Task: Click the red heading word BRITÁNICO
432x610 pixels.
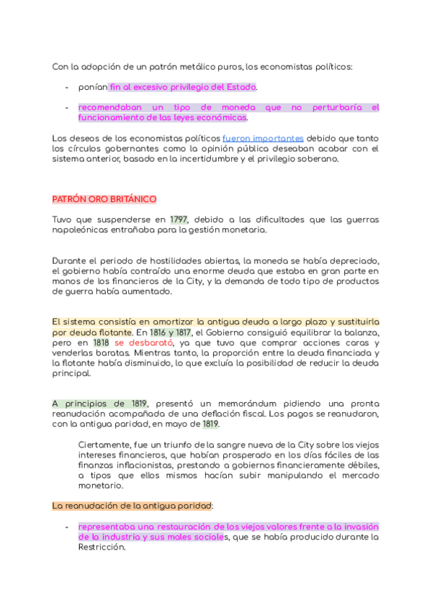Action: [x=132, y=199]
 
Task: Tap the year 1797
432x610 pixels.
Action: [x=179, y=219]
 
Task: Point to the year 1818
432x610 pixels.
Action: [x=101, y=344]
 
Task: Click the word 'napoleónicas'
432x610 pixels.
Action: [x=84, y=230]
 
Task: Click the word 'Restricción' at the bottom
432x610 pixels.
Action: [x=102, y=547]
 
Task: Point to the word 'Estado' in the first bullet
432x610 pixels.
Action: [x=240, y=87]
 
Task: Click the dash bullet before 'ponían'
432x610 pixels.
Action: [x=66, y=87]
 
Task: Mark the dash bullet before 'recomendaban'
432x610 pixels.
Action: [x=66, y=107]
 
